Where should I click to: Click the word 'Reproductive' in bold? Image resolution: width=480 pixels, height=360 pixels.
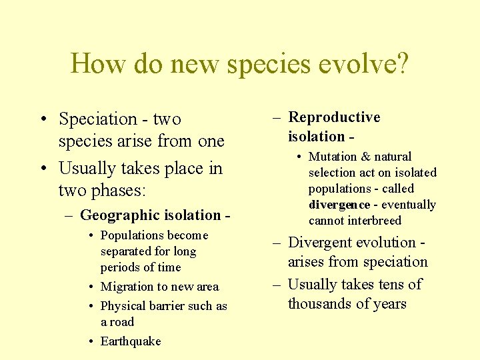[x=334, y=117]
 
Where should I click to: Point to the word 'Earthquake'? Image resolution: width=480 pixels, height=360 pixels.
[x=131, y=341]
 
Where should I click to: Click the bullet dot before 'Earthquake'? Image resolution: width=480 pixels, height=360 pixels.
[x=90, y=341]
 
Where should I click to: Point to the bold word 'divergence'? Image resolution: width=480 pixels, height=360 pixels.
[x=339, y=205]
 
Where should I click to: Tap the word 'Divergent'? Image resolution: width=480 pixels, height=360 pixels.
[x=323, y=243]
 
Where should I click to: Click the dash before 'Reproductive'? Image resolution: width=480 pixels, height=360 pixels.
[x=277, y=118]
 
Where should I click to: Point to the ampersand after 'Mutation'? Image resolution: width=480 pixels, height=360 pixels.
[x=365, y=157]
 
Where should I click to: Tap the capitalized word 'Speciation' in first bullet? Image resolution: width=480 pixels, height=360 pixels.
[x=97, y=119]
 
